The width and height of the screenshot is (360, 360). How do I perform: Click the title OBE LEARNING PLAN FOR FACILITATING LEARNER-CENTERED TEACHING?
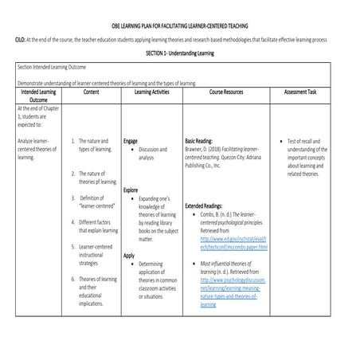[180, 25]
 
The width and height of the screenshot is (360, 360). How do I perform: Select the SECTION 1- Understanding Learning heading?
[181, 51]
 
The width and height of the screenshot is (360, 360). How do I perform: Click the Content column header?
[90, 92]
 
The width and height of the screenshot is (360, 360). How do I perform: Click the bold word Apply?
[130, 256]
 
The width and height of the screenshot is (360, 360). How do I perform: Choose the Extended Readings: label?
[209, 205]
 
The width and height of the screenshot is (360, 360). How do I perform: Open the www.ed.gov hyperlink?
[234, 243]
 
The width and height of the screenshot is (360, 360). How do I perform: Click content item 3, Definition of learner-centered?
[98, 202]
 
